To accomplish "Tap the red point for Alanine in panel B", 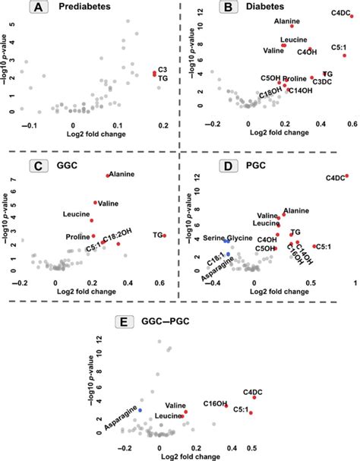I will point(292,26).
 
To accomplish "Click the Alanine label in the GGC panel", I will point(122,174).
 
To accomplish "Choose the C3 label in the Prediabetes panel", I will point(162,69).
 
